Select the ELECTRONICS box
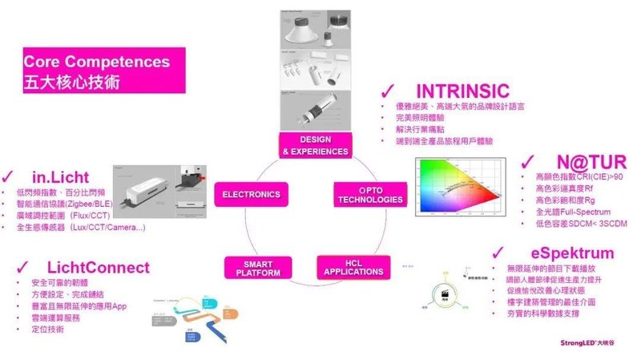251,194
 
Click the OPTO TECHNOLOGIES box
361,194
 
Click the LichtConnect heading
96,267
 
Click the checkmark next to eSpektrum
498,251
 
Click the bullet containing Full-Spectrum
556,211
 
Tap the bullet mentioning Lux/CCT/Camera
80,228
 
